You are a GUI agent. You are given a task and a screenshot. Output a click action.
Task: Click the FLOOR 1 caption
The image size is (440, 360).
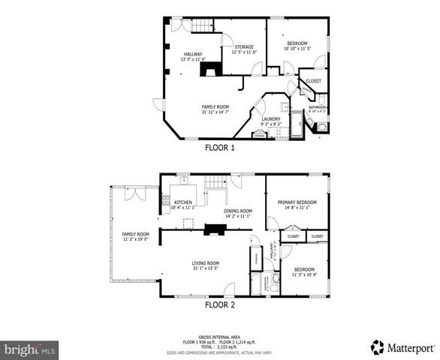(x=220, y=148)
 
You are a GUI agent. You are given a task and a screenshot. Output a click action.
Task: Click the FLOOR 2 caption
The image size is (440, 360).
(x=220, y=305)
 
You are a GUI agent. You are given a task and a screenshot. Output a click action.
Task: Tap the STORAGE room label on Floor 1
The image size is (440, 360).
(x=243, y=47)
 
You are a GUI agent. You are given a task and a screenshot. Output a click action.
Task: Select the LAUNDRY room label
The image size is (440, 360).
(x=270, y=118)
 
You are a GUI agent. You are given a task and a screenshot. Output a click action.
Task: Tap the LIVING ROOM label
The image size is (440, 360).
(x=205, y=262)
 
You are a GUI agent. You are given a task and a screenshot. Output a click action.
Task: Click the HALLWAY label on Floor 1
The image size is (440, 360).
(x=194, y=54)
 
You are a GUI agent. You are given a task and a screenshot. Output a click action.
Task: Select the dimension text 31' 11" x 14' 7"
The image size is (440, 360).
(x=215, y=112)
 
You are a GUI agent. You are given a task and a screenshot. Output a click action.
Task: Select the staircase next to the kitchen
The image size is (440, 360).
(x=217, y=184)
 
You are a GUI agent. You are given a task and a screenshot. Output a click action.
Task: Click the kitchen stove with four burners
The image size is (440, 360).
(x=165, y=201)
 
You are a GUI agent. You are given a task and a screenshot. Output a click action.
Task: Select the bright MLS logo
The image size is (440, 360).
(x=30, y=349)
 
